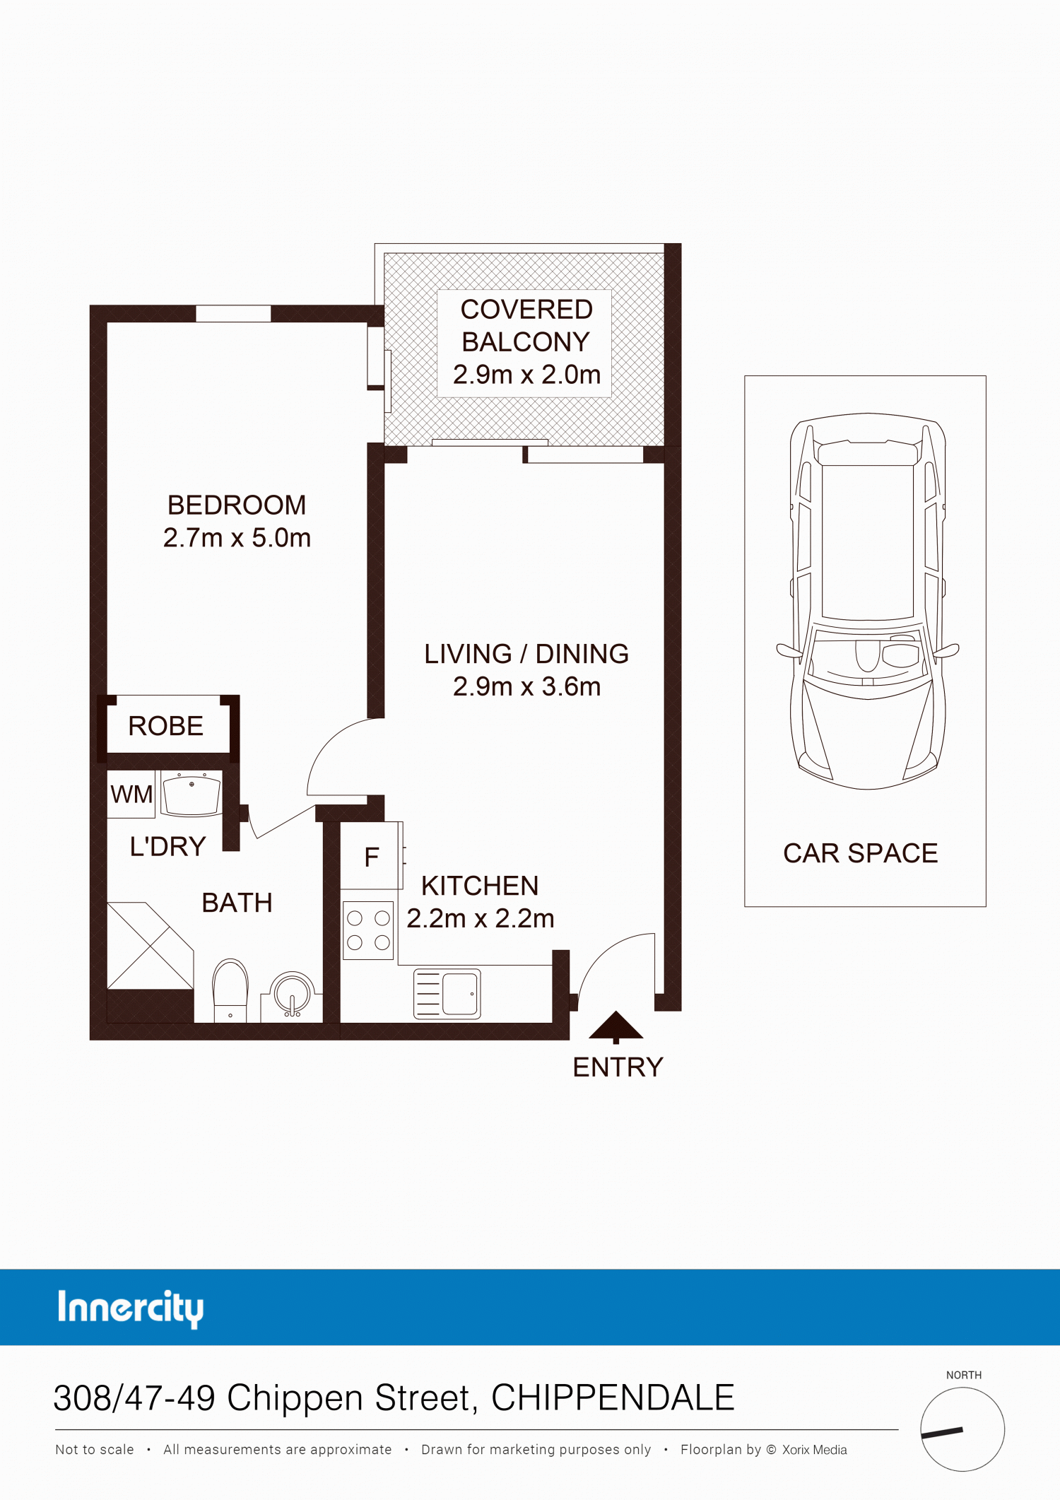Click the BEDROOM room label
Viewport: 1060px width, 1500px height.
[x=237, y=505]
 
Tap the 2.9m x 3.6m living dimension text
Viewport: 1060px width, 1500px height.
[x=526, y=686]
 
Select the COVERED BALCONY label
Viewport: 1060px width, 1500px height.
[x=526, y=326]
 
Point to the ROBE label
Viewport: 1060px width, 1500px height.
[x=166, y=726]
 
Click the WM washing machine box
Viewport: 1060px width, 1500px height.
[x=131, y=794]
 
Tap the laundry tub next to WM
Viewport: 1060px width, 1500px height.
[x=191, y=793]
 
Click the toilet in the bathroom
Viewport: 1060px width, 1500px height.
[x=230, y=990]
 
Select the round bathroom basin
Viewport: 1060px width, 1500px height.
[x=292, y=994]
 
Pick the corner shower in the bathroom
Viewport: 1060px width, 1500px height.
[x=150, y=946]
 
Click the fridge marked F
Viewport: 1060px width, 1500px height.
[x=370, y=855]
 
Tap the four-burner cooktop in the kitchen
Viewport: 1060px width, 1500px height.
[x=368, y=930]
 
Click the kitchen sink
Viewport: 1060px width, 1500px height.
[x=447, y=993]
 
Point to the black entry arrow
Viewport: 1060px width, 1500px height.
[x=616, y=1026]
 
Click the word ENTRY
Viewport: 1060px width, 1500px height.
[x=618, y=1067]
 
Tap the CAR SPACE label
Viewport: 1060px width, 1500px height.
[x=860, y=853]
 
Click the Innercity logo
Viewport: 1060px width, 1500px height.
[x=131, y=1308]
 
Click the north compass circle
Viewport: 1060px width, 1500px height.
[x=962, y=1429]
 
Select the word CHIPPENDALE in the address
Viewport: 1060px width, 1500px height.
[x=613, y=1398]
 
